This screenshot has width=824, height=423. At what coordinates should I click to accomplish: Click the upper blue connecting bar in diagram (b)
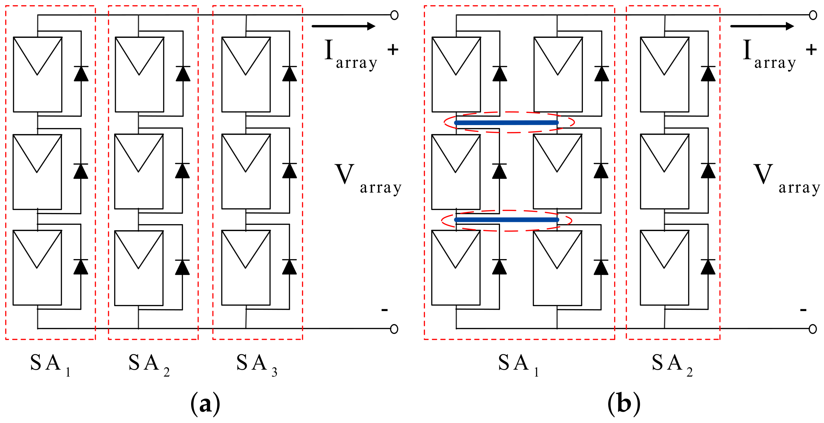[506, 122]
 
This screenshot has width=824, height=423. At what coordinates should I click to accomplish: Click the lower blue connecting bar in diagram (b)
[506, 220]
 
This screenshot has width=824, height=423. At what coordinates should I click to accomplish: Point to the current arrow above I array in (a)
[343, 26]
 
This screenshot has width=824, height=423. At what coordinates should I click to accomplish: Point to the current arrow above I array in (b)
[762, 26]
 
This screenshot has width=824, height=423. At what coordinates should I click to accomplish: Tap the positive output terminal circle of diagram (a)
[394, 15]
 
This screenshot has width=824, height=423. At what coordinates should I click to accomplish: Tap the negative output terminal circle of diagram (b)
[812, 329]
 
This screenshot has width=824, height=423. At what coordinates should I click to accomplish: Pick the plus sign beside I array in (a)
[393, 50]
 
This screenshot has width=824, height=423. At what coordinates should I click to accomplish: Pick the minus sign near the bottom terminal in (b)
[803, 310]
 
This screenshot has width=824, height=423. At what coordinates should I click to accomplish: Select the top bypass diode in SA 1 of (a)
[81, 74]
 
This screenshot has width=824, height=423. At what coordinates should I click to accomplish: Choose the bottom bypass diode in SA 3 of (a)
[289, 267]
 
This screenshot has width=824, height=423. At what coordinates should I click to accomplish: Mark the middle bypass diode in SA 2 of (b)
[708, 171]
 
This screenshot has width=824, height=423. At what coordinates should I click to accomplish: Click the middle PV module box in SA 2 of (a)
[139, 171]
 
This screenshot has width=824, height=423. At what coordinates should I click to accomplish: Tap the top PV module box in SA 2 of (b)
[664, 74]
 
